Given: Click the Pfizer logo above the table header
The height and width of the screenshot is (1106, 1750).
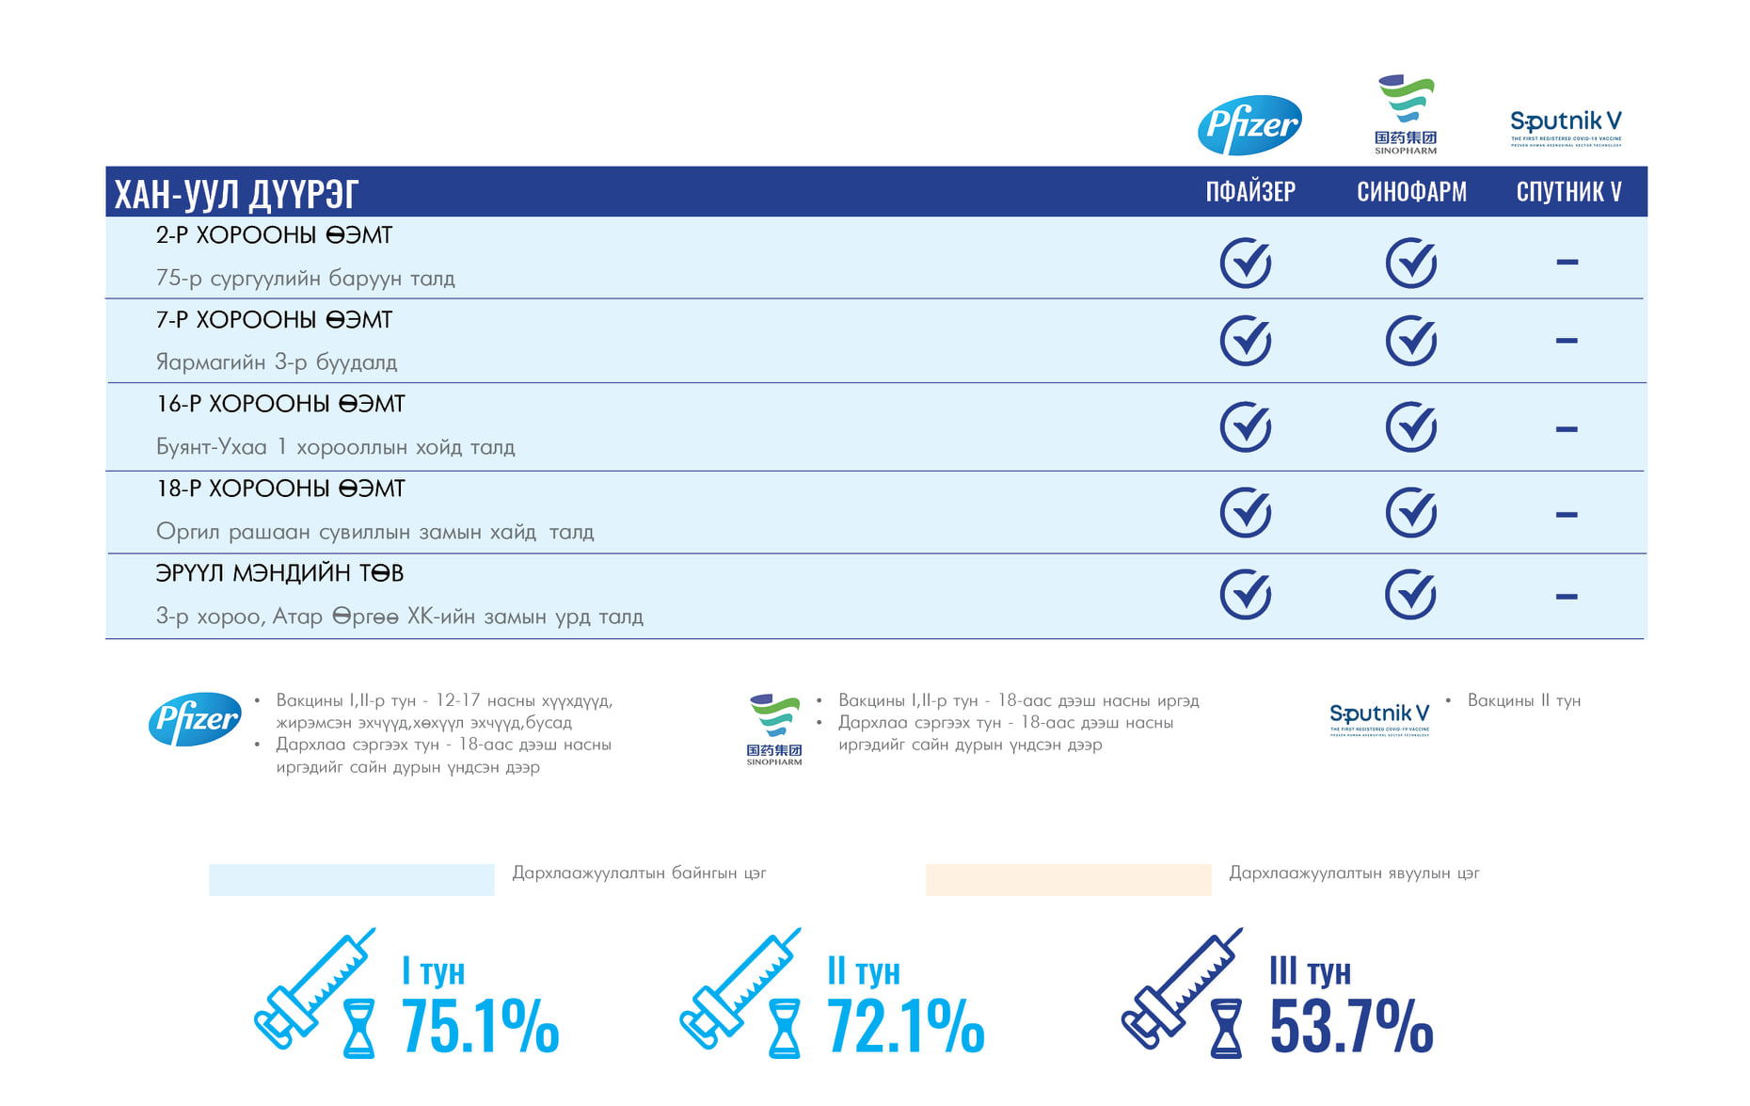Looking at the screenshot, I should click(x=1249, y=124).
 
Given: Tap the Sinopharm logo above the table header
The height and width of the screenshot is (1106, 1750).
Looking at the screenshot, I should click(x=1406, y=115).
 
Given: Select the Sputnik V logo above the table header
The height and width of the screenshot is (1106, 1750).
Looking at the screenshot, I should click(x=1566, y=126).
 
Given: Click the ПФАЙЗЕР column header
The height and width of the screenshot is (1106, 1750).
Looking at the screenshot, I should click(x=1250, y=192).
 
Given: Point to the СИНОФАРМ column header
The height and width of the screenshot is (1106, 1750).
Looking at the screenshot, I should click(x=1411, y=192).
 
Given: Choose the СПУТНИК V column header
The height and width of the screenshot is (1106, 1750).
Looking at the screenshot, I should click(x=1568, y=192).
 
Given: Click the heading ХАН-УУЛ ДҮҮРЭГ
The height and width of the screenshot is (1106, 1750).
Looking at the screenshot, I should click(x=236, y=194).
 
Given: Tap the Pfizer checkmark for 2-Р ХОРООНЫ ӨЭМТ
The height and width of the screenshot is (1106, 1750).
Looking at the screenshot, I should click(x=1246, y=263).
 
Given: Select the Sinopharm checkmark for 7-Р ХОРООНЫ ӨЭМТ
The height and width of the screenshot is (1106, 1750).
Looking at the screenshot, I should click(x=1411, y=341).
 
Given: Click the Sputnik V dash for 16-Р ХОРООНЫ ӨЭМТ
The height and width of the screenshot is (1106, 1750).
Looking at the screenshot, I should click(x=1567, y=429).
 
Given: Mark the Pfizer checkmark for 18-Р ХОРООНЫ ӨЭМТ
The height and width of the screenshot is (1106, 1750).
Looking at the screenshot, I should click(x=1246, y=513).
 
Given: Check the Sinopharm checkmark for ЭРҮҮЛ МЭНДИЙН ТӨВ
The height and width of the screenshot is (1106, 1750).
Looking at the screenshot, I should click(x=1411, y=595).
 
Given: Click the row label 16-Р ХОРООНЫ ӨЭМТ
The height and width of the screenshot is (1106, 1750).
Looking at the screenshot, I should click(x=280, y=405).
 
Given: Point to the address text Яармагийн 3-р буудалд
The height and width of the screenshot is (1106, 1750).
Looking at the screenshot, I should click(x=277, y=362).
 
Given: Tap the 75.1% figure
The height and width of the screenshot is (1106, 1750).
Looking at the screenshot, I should click(x=480, y=1026).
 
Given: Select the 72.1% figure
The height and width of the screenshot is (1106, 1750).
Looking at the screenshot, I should click(x=905, y=1026).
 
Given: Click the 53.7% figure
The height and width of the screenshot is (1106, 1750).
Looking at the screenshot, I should click(x=1351, y=1026).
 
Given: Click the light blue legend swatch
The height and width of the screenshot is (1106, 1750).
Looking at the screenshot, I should click(x=352, y=880).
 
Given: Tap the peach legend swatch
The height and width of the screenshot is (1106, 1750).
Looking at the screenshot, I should click(x=1068, y=880).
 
